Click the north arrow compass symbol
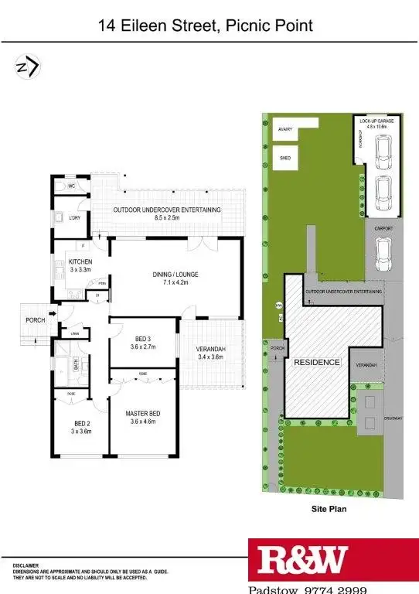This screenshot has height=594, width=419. pos(27,68)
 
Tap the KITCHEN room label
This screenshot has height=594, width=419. pos(81,261)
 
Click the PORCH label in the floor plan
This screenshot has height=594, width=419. pos(36,320)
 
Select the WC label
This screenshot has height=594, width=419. pos(70,186)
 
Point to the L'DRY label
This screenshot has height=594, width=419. pos(76,218)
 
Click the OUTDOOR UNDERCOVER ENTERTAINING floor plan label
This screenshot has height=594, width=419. pos(167,210)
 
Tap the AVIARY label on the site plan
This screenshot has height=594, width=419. pos(285,129)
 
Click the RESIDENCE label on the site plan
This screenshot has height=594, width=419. pos(317,362)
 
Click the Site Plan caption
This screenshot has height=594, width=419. pos(329,509)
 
